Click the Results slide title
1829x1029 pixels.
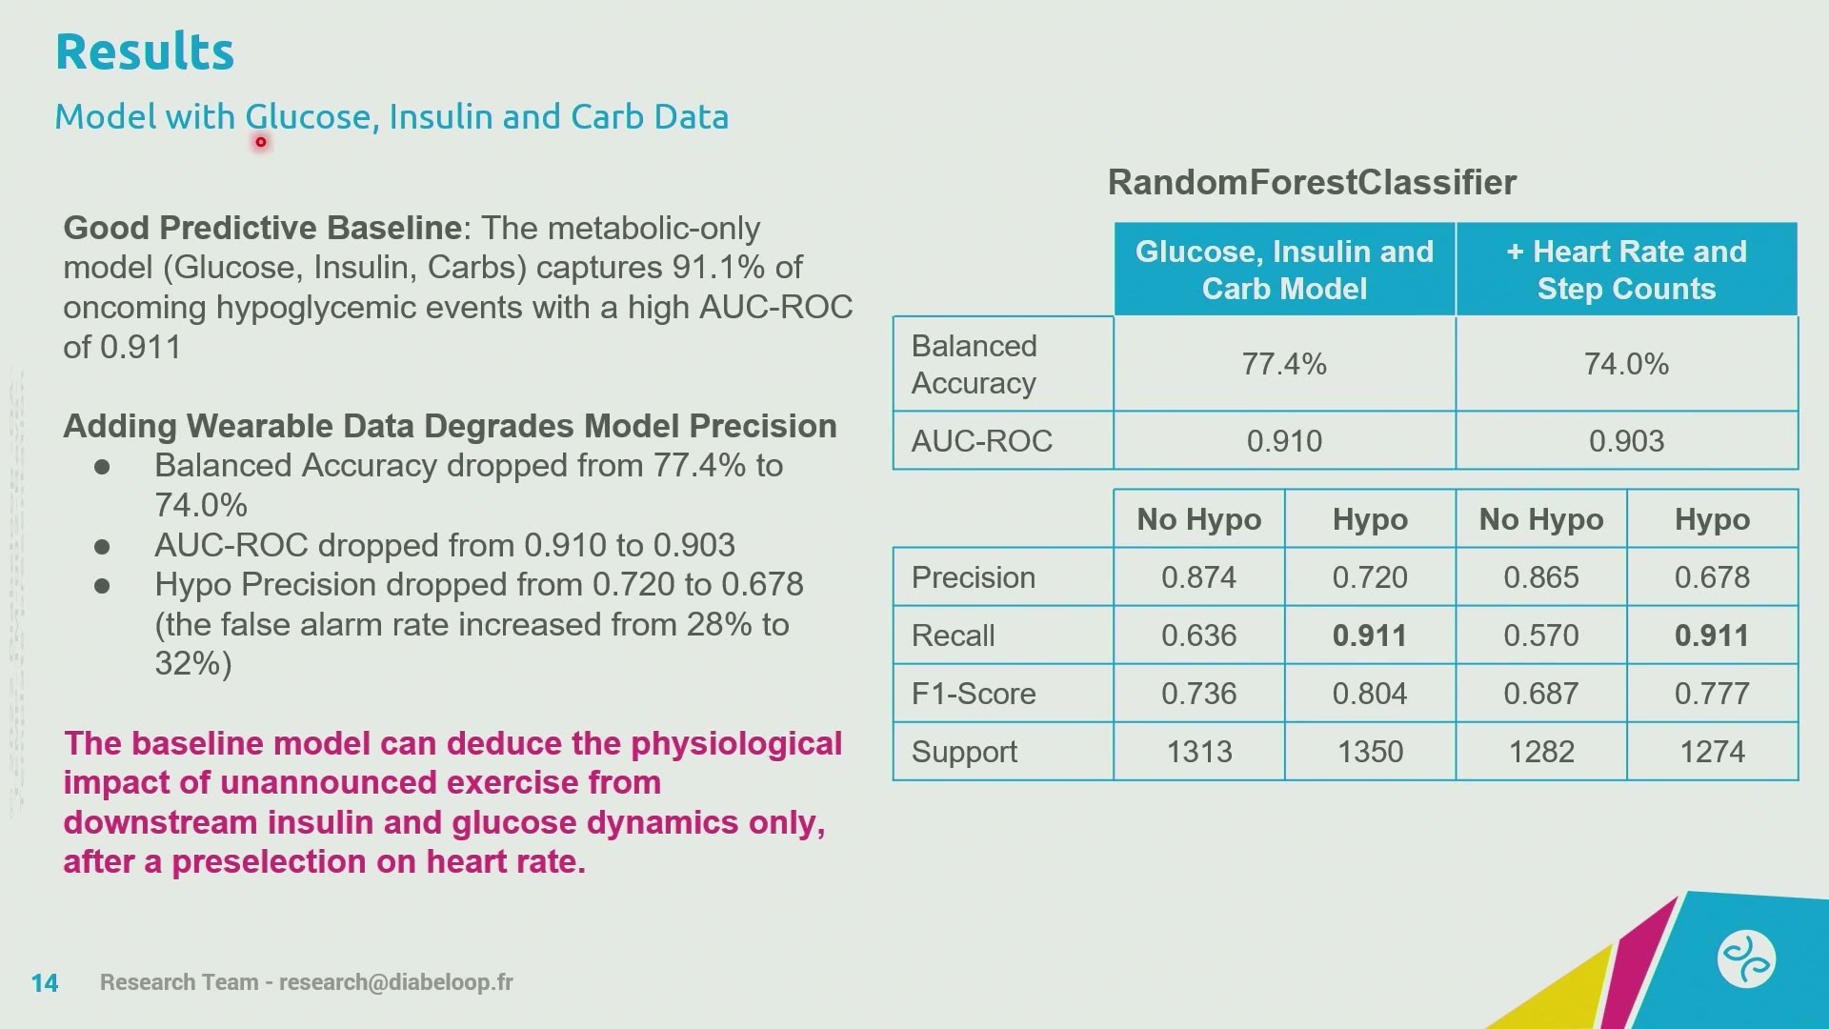[x=145, y=52]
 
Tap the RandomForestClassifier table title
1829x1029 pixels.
[x=1312, y=182]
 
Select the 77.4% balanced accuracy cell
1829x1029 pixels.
[x=1284, y=364]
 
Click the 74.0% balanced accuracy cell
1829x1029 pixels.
[x=1626, y=364]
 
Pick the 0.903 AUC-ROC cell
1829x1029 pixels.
[x=1626, y=441]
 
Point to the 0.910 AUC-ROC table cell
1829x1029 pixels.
[x=1284, y=441]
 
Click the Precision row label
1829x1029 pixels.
[x=973, y=577]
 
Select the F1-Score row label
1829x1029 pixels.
[x=973, y=694]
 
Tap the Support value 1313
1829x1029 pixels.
[x=1199, y=752]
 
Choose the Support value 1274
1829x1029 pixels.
[x=1712, y=752]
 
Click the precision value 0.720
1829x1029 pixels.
[x=1370, y=577]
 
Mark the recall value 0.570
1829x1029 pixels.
[x=1541, y=636]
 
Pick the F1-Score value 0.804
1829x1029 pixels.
[x=1370, y=694]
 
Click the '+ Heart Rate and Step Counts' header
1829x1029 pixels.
[x=1626, y=270]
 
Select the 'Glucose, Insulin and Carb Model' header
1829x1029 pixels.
[x=1284, y=270]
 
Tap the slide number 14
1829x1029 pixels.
[x=45, y=983]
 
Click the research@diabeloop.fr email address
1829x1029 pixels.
[x=395, y=982]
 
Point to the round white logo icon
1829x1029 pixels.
[x=1746, y=959]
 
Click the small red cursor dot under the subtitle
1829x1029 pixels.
[x=260, y=142]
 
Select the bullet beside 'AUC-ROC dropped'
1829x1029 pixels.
[x=102, y=547]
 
